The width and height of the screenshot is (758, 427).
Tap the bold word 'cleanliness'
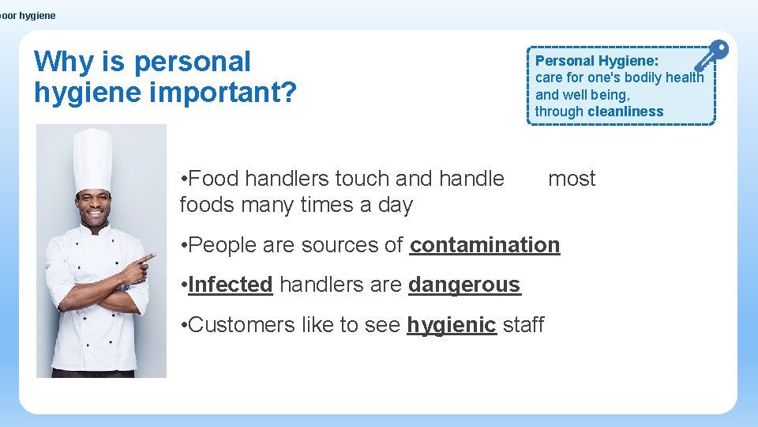625,111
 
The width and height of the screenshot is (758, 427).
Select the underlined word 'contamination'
485,245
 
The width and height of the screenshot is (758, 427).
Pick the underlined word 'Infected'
231,285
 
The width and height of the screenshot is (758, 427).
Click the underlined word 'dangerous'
464,285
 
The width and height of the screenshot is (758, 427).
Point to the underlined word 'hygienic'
451,325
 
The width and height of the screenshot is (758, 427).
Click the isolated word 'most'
572,179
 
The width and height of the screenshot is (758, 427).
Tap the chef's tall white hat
93,158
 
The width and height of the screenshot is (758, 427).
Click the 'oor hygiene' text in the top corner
28,16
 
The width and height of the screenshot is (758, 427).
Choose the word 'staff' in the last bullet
523,325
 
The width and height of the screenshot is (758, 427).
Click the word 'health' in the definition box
684,77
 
